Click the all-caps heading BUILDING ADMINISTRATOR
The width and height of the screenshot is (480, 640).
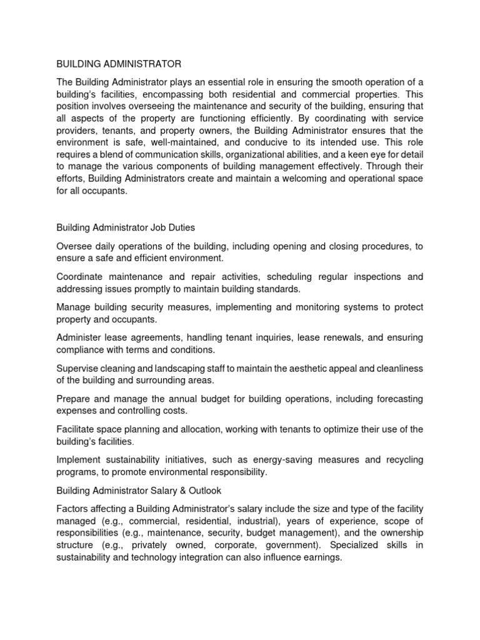pyautogui.click(x=119, y=64)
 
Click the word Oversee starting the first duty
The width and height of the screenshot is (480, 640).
pyautogui.click(x=75, y=247)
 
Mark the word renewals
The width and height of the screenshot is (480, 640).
pyautogui.click(x=339, y=337)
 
